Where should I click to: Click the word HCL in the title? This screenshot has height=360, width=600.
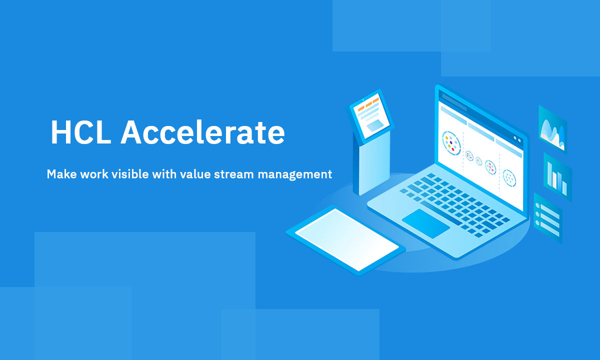click(x=80, y=133)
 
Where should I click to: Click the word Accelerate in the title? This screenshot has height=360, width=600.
click(x=202, y=133)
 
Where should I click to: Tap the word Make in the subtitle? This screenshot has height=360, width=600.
click(x=60, y=174)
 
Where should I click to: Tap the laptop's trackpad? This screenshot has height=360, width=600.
click(x=426, y=223)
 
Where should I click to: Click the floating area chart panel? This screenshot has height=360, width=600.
click(x=552, y=129)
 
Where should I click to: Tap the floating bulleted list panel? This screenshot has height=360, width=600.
click(x=547, y=218)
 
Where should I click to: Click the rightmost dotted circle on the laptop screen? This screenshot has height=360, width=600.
click(x=509, y=176)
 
